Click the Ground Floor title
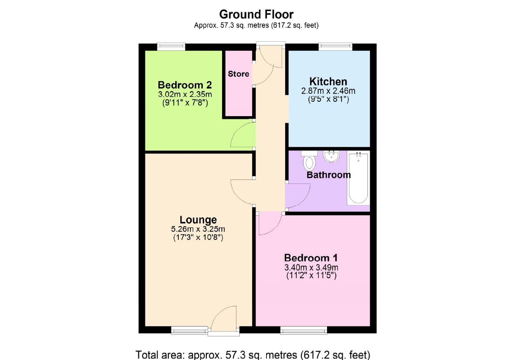(256, 14)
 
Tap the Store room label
(238, 74)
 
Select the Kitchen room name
(328, 82)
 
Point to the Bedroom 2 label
(185, 85)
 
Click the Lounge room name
(198, 220)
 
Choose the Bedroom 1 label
(311, 258)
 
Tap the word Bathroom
(328, 175)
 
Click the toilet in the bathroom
(309, 160)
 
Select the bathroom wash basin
(332, 156)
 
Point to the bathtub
(358, 177)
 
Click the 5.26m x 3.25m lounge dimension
(198, 229)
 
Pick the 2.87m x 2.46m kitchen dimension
(328, 91)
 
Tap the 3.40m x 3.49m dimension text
(311, 267)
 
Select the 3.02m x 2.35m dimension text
(185, 94)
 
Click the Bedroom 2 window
(171, 46)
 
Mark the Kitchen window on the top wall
(335, 46)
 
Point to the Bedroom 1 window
(304, 330)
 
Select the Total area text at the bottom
(253, 355)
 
